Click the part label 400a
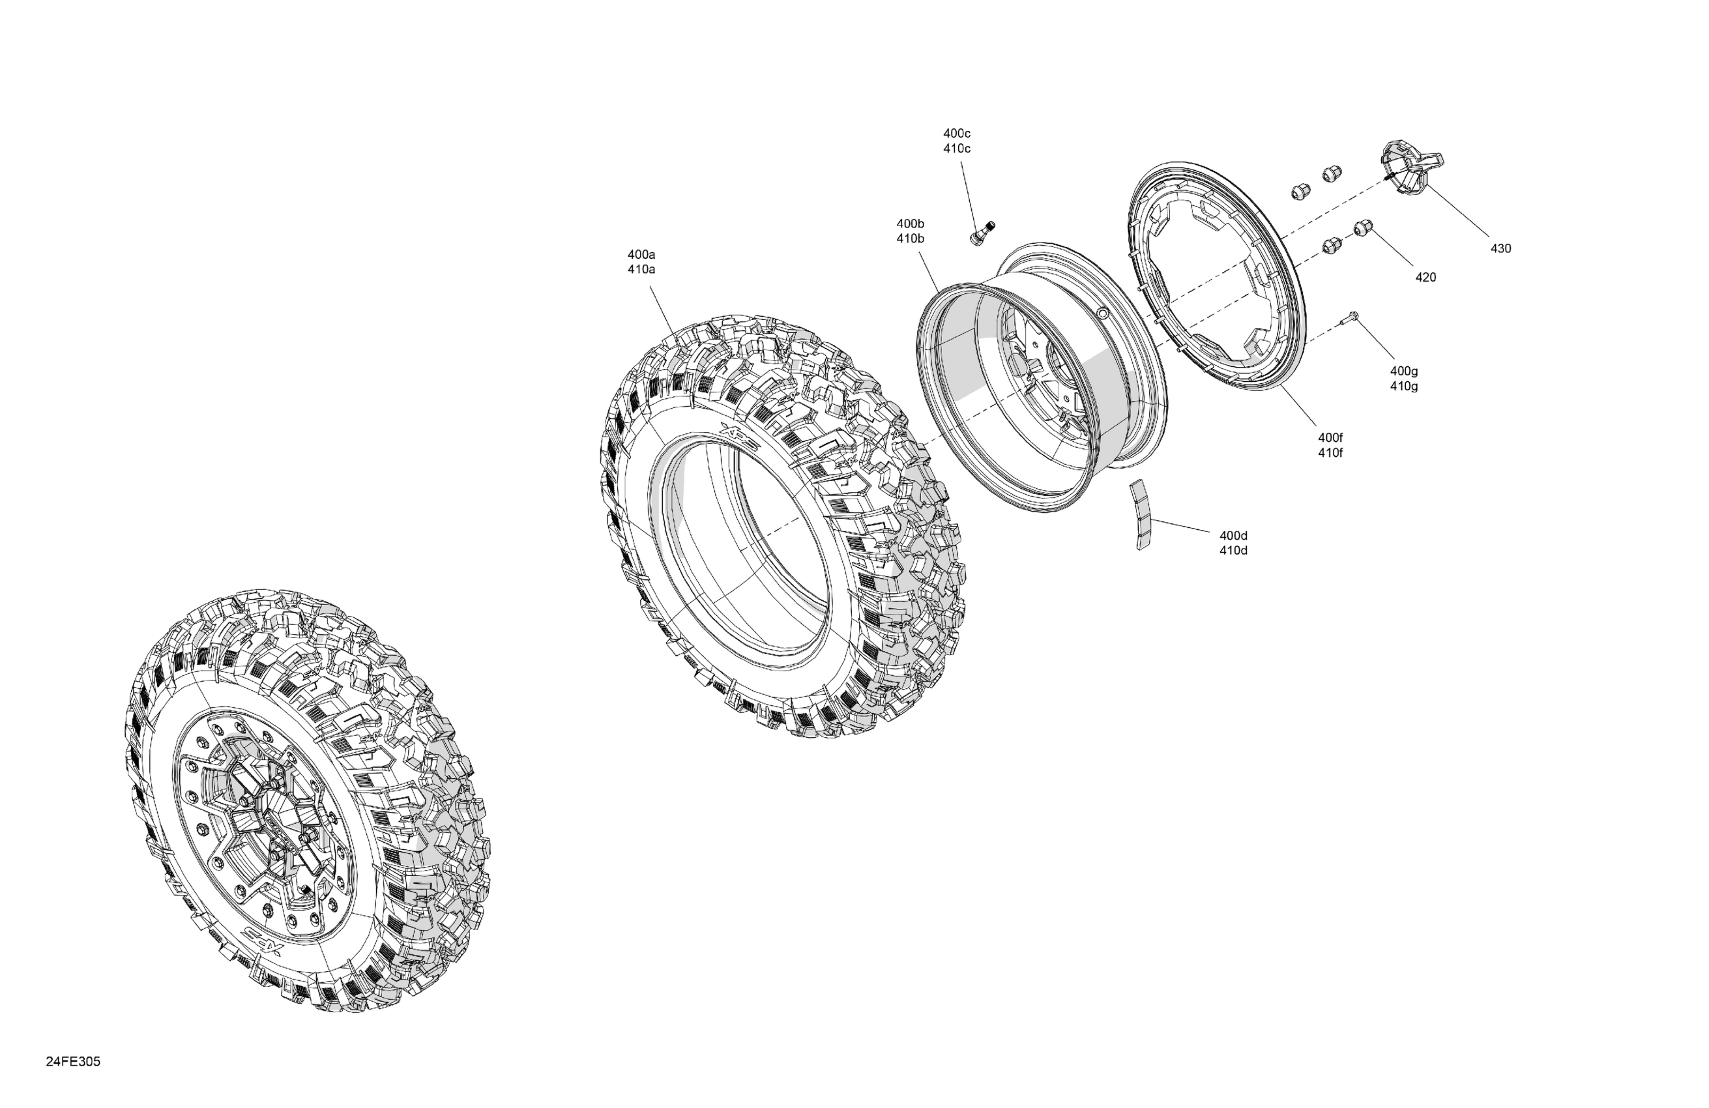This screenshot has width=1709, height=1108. tap(641, 254)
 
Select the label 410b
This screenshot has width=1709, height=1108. tap(910, 239)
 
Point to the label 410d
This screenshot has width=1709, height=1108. tap(1234, 551)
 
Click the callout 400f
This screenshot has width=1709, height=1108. tap(1330, 437)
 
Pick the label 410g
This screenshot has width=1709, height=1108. tap(1404, 386)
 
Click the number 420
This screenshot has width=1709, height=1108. tap(1425, 277)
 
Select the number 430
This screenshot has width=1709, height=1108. tap(1501, 248)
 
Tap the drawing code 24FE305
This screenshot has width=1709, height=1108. tap(73, 1062)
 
